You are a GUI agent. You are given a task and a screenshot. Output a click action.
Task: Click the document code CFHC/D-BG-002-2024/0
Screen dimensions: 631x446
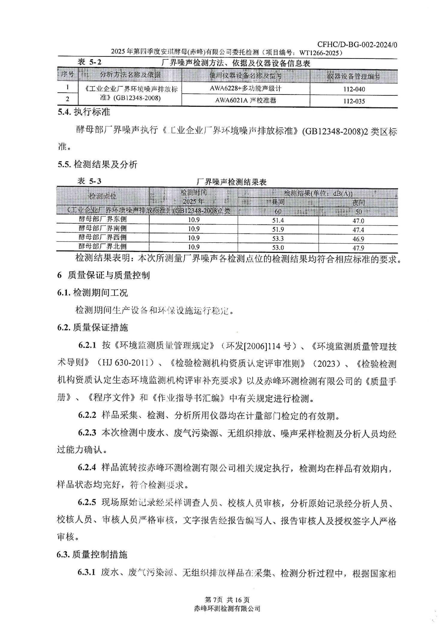coord(357,45)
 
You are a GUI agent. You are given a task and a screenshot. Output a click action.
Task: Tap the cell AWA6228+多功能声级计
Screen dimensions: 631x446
coord(245,88)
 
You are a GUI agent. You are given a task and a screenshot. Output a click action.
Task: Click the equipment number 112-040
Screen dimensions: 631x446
coord(354,89)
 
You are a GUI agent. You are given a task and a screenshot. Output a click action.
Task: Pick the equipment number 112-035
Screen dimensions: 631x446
coord(354,101)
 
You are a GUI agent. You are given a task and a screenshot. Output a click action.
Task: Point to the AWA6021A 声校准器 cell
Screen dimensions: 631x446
coord(245,100)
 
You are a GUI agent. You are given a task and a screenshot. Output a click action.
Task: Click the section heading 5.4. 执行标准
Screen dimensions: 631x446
coord(84,112)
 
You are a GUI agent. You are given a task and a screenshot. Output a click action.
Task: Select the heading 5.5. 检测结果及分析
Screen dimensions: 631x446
coord(97,164)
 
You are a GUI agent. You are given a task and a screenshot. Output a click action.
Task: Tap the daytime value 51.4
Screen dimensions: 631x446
coord(278,220)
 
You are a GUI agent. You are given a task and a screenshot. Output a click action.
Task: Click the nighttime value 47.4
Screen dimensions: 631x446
coord(358,230)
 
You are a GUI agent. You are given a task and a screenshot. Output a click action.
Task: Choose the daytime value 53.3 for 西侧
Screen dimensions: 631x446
coord(278,239)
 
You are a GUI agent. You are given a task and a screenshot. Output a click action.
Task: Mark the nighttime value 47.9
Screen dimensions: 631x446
coord(358,248)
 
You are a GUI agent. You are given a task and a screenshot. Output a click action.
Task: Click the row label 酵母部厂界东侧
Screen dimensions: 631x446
coord(103,219)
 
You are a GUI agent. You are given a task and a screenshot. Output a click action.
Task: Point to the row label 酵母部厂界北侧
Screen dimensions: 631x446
coord(103,247)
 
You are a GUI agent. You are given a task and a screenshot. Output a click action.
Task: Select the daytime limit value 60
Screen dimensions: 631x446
coord(278,211)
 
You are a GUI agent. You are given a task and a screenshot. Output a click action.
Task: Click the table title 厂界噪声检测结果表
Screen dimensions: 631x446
coord(231,182)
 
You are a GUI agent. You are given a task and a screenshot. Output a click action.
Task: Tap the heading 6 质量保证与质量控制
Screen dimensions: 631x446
coord(103,275)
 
